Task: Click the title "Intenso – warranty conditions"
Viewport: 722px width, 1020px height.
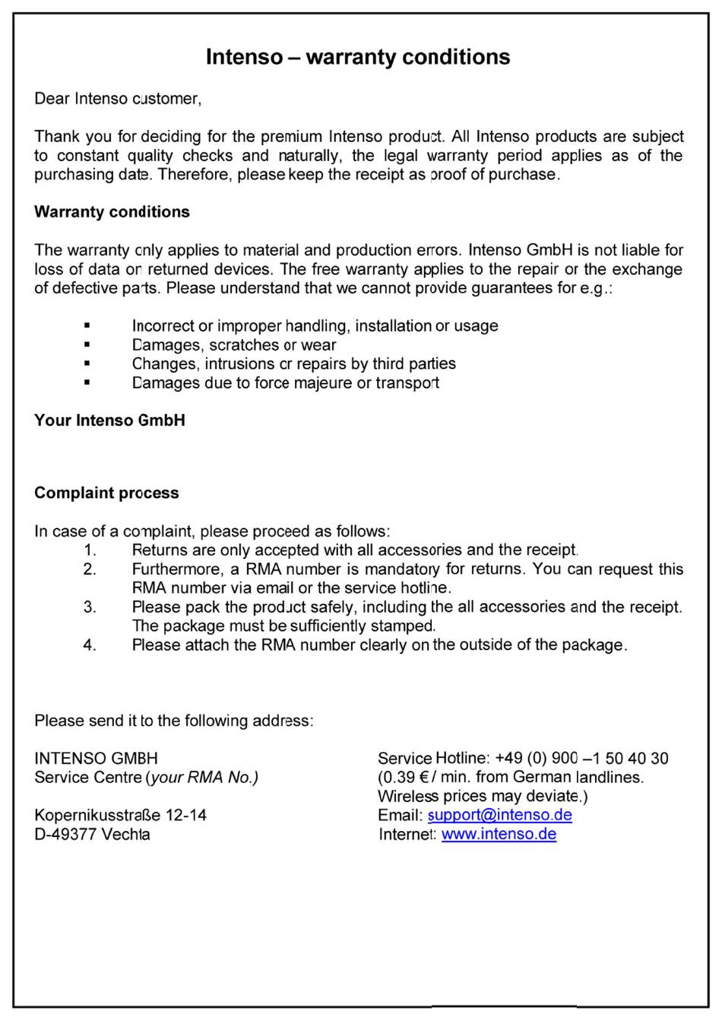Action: pos(358,57)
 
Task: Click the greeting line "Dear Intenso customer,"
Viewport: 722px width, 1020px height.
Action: pos(118,99)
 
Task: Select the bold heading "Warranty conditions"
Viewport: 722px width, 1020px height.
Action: pos(112,212)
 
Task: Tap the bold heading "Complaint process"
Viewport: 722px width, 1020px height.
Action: pos(106,493)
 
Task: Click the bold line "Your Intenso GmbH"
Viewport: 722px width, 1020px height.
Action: pos(109,421)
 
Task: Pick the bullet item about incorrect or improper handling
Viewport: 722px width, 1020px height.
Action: pos(315,326)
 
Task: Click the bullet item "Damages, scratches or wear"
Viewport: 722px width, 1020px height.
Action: pos(234,345)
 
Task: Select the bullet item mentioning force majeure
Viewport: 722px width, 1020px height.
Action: pos(285,383)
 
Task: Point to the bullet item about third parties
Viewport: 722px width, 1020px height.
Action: pos(293,364)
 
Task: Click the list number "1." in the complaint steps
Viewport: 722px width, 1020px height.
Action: pos(90,550)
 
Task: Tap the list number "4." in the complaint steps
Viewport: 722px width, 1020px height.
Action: pos(90,645)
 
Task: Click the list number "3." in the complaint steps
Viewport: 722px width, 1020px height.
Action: pos(90,607)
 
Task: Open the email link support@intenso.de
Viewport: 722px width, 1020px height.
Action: pos(499,815)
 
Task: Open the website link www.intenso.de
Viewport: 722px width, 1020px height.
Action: pos(499,834)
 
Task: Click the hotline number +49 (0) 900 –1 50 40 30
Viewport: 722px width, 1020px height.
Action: pos(581,758)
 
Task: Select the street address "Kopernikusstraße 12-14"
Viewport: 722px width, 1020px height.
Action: pos(120,815)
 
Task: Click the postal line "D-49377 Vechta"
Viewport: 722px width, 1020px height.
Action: pos(92,834)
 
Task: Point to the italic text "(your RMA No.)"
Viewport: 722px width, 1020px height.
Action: pos(202,777)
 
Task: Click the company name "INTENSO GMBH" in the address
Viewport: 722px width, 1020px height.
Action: pos(96,758)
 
